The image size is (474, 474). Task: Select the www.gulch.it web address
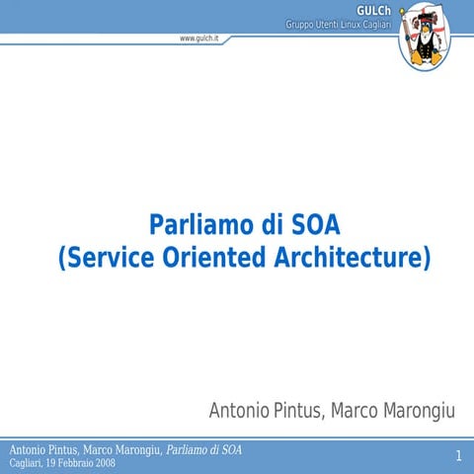click(199, 38)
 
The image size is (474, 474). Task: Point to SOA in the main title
click(316, 223)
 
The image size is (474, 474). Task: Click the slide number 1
click(459, 455)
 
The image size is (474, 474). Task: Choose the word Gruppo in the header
click(300, 24)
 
